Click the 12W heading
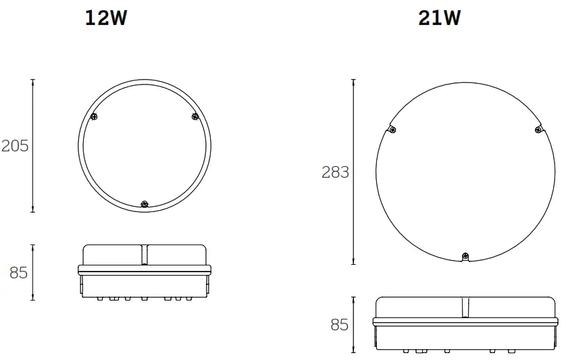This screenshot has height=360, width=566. (x=105, y=18)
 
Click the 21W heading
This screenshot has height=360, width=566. (x=439, y=18)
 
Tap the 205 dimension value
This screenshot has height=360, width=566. (x=15, y=146)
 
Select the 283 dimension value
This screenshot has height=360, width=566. (x=336, y=172)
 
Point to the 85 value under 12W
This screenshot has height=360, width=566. (x=18, y=273)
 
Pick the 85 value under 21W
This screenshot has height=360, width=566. (x=339, y=325)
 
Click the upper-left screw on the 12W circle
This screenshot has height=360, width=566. (x=94, y=116)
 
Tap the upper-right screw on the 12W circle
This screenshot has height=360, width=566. (x=195, y=116)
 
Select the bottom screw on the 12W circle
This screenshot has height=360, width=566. (x=144, y=203)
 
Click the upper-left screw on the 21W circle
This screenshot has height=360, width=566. (x=393, y=130)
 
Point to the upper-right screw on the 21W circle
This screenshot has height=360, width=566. (x=538, y=130)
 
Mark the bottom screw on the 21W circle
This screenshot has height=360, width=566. (x=465, y=255)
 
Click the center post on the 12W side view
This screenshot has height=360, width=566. (x=144, y=255)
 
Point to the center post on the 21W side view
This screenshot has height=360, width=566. (x=465, y=308)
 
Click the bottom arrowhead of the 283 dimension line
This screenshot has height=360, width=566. (x=354, y=261)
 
